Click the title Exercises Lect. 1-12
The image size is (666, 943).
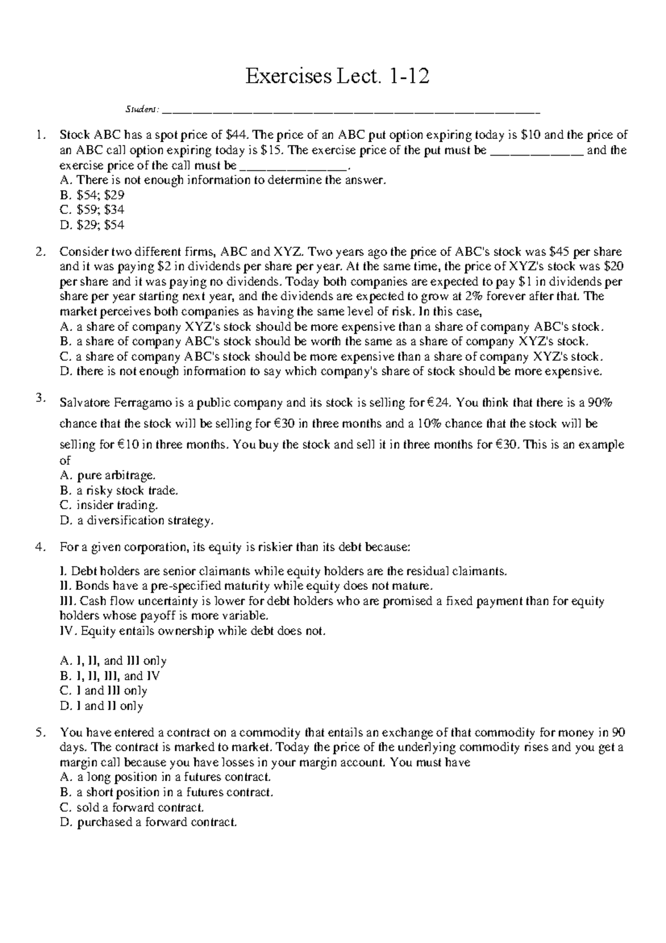coord(337,76)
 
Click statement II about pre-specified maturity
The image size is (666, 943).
coord(245,586)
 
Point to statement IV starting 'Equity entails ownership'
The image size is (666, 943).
coord(192,631)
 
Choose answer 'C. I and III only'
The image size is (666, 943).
coord(103,691)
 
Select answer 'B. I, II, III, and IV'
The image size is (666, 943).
coord(110,676)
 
